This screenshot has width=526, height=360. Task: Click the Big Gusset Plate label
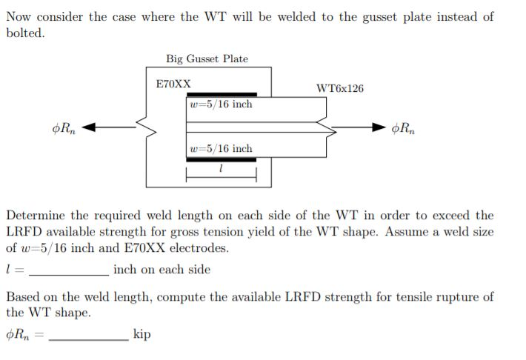[207, 59]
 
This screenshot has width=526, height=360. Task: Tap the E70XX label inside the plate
[173, 84]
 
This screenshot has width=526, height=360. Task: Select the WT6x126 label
[339, 89]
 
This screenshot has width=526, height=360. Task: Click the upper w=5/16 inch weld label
[221, 104]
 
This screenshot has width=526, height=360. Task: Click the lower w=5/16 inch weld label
[221, 149]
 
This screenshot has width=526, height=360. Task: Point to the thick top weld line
[221, 95]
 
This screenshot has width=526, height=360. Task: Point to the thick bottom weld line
[221, 159]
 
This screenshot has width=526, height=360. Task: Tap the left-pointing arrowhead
[87, 128]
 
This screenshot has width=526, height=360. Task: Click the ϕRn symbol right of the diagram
[405, 128]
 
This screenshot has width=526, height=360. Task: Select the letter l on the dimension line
[222, 170]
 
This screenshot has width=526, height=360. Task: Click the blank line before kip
[88, 337]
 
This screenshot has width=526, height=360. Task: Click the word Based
[24, 297]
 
